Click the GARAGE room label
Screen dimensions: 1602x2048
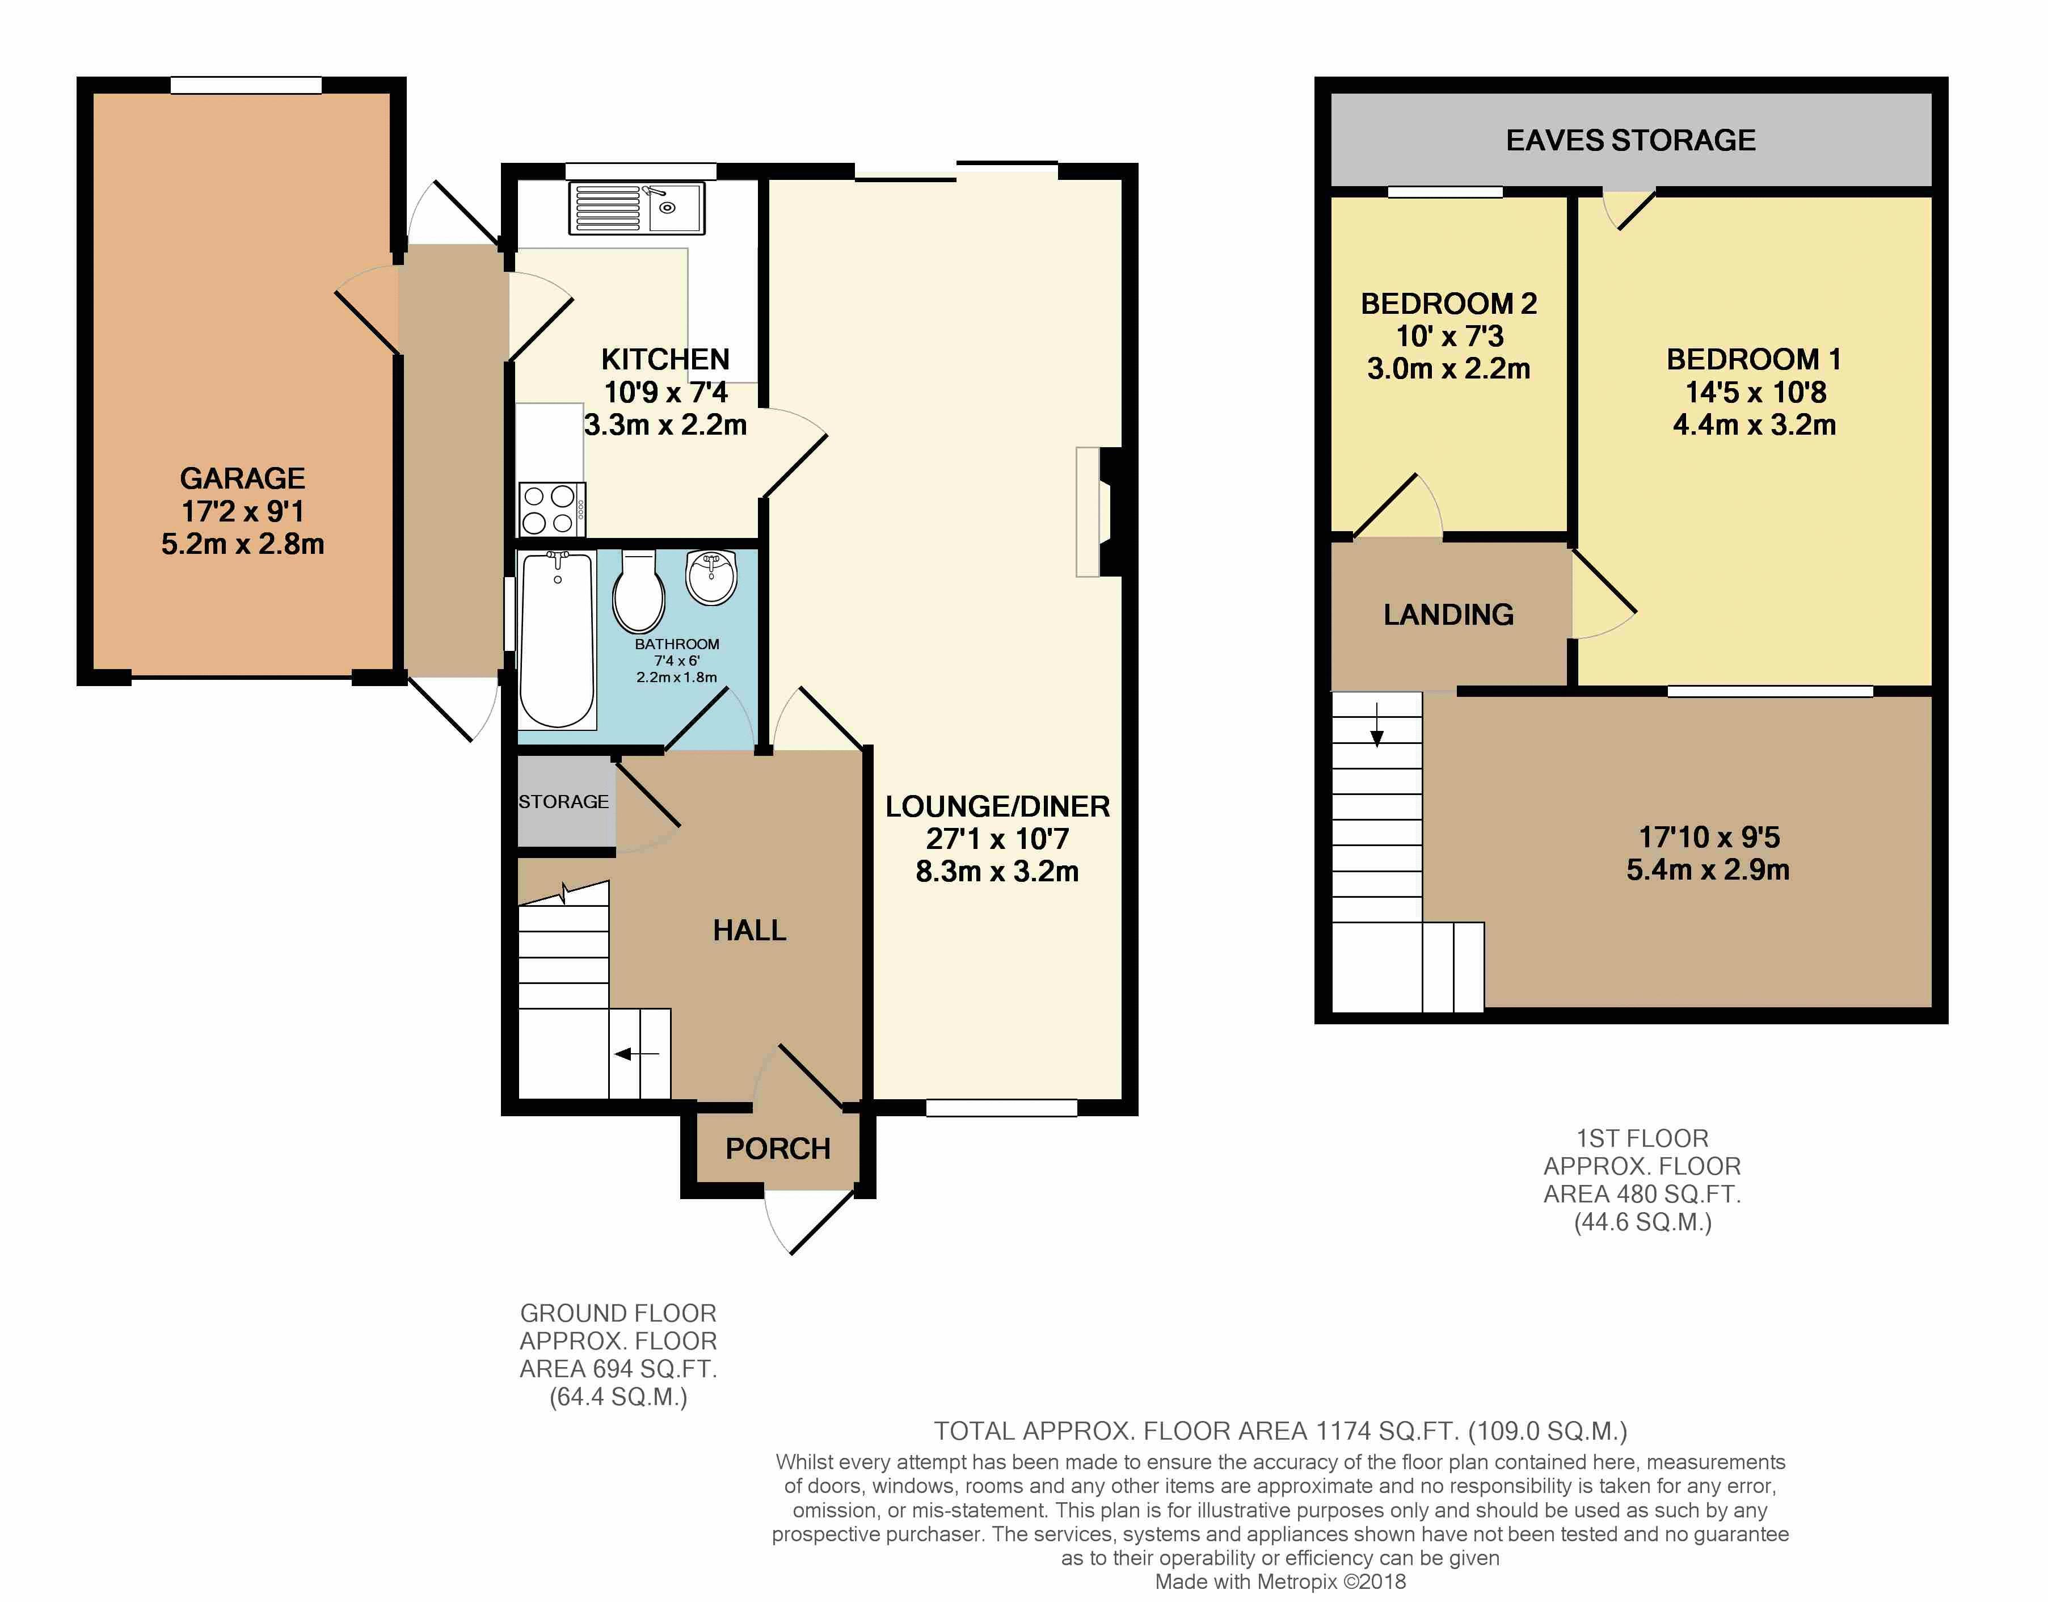242,478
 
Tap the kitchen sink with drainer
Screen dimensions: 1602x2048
636,208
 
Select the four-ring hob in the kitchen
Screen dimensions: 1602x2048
550,509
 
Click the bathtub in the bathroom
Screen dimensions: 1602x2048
557,640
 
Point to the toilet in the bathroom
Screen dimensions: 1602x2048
639,594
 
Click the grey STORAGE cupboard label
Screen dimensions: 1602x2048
563,802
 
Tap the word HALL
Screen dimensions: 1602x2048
749,931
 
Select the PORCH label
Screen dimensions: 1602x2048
777,1149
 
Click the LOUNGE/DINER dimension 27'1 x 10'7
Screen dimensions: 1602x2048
997,839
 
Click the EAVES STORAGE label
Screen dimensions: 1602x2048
1630,141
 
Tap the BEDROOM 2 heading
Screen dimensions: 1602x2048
1448,304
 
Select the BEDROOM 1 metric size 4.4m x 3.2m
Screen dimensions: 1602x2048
1754,425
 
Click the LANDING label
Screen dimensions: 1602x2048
1448,615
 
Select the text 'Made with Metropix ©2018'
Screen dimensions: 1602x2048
1280,1582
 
